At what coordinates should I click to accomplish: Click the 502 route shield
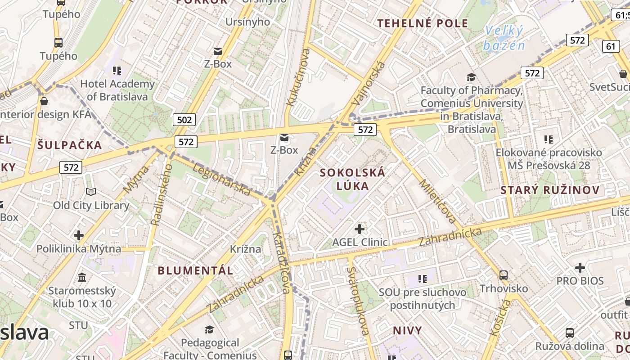tap(184, 120)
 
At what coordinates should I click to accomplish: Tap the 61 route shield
tap(611, 46)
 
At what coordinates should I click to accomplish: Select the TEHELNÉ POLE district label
tap(423, 23)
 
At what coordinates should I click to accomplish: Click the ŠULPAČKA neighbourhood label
tap(70, 145)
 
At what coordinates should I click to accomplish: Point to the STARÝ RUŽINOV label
tap(550, 190)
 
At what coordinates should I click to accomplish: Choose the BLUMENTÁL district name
tap(195, 270)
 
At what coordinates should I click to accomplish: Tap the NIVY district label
tap(408, 331)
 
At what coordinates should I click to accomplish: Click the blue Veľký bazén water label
tap(504, 38)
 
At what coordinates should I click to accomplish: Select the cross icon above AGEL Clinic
tap(359, 229)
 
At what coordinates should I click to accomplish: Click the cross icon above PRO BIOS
tap(580, 268)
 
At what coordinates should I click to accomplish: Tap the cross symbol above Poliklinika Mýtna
tap(79, 235)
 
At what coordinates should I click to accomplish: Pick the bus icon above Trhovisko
tap(504, 275)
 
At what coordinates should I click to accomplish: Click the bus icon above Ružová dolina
tap(569, 333)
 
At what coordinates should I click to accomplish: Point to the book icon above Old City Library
tap(91, 192)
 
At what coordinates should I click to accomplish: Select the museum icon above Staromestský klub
tap(82, 277)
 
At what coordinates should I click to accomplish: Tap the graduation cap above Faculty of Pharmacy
tap(471, 77)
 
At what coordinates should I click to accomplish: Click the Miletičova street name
tap(438, 201)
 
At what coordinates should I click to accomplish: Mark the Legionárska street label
tap(221, 180)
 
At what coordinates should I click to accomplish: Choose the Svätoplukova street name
tap(358, 301)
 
